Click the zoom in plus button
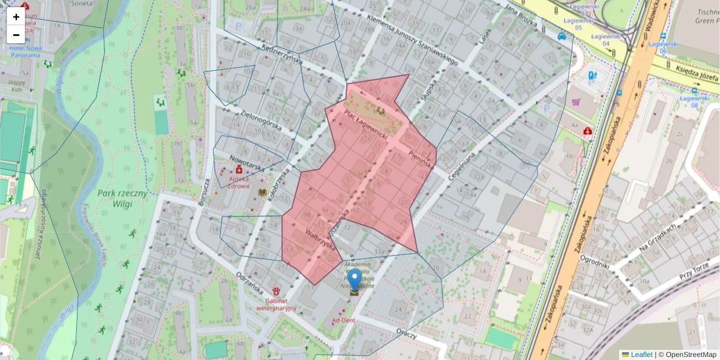click(16, 17)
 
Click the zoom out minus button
click(16, 34)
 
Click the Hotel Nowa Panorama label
click(25, 52)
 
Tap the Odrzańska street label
click(250, 282)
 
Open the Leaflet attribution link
click(641, 355)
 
